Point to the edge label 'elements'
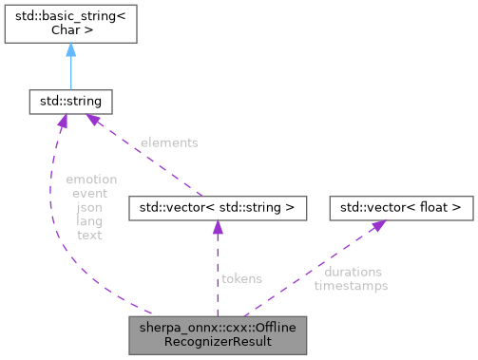click(169, 142)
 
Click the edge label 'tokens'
click(241, 278)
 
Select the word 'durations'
click(352, 271)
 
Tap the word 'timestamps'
click(351, 284)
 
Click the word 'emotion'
click(90, 180)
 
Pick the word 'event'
click(90, 193)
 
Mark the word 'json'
click(90, 206)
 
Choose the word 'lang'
click(90, 219)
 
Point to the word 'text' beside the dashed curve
click(90, 234)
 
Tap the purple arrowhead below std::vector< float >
click(378, 225)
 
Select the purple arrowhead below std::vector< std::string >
click(218, 226)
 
